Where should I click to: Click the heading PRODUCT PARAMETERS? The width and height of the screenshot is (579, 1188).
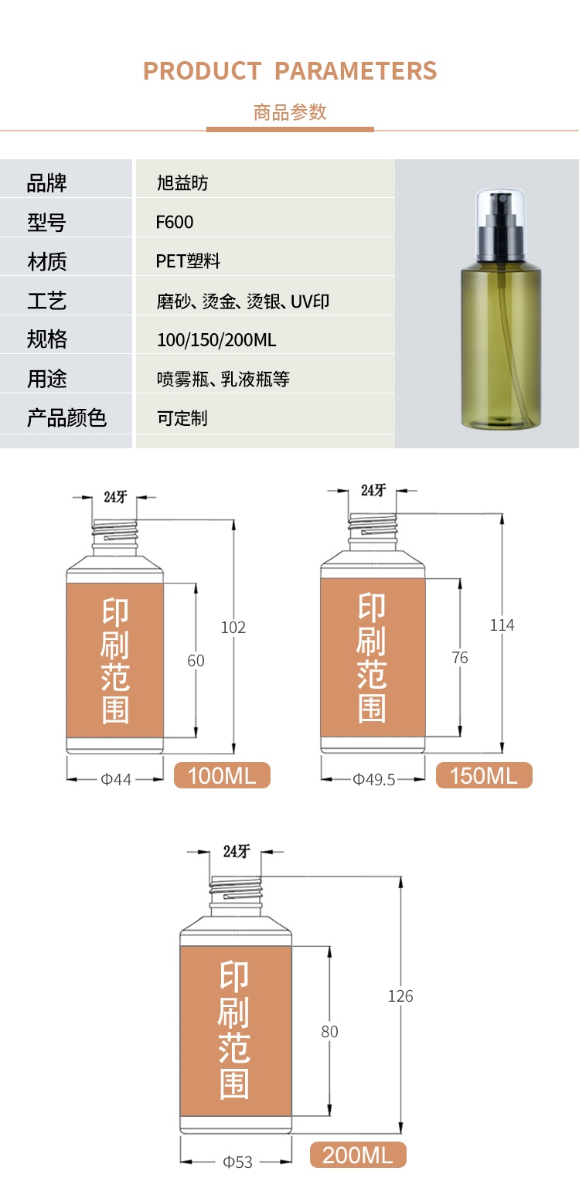290,71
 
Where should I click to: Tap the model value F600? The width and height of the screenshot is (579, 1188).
175,223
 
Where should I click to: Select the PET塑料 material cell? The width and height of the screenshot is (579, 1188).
188,261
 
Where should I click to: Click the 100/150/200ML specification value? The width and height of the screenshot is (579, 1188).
216,340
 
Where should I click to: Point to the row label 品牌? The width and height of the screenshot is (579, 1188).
46,183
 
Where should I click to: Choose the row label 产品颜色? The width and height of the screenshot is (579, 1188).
66,418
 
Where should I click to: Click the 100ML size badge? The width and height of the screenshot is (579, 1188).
222,775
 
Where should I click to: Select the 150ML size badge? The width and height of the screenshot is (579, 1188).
484,775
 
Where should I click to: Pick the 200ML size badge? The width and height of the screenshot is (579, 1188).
358,1156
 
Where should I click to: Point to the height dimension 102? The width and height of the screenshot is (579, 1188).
233,628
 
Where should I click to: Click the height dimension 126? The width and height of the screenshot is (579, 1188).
400,996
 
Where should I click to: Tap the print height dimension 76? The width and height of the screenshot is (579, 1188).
460,658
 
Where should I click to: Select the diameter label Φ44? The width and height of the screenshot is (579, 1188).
116,779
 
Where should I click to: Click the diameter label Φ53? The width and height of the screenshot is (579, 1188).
237,1162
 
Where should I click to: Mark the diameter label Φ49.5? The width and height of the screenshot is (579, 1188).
374,779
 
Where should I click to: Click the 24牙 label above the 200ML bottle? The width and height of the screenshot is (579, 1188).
237,852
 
